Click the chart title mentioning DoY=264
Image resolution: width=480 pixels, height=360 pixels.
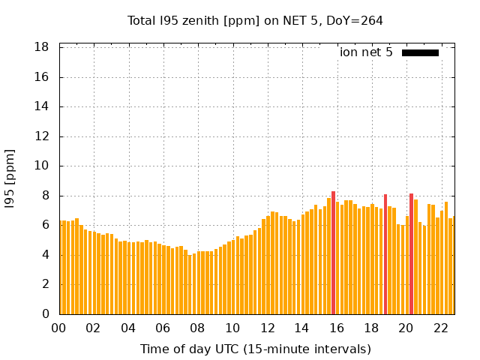255,21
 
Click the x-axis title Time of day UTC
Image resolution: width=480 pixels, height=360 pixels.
255,349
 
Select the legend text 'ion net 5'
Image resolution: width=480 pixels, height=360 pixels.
366,52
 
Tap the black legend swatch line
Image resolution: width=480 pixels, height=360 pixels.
420,52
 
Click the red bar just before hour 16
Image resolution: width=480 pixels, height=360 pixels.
334,253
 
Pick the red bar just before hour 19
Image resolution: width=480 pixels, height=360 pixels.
385,254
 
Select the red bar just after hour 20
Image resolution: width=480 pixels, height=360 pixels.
411,253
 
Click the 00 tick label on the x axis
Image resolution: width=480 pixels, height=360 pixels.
59,328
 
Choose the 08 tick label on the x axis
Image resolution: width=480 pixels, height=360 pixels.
198,328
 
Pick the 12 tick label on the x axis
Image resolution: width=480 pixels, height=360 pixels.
267,328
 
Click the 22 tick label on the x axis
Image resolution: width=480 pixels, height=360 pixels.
440,328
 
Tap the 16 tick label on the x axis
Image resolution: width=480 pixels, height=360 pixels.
337,328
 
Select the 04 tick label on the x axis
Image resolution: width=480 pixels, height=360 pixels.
128,328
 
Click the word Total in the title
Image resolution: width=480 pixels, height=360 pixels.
142,21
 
